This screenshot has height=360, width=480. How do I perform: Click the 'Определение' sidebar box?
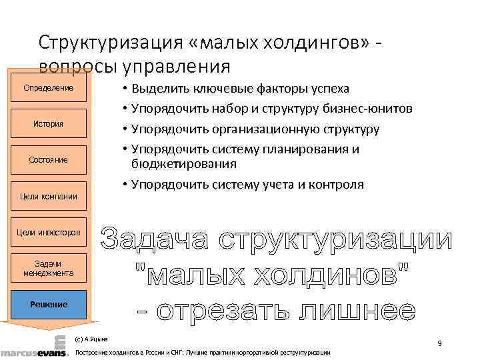(x=48, y=88)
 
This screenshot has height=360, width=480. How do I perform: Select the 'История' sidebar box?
(x=48, y=123)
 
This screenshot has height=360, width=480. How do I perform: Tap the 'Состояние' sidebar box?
(x=48, y=160)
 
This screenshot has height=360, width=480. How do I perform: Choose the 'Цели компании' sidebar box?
(x=48, y=196)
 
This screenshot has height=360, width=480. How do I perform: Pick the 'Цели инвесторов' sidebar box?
(x=48, y=232)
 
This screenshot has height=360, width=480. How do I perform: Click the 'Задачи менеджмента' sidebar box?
(x=48, y=268)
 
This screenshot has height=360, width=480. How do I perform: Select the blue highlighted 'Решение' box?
(x=48, y=304)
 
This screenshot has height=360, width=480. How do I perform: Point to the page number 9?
(x=439, y=343)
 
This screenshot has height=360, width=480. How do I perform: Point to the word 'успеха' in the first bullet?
(x=327, y=89)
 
